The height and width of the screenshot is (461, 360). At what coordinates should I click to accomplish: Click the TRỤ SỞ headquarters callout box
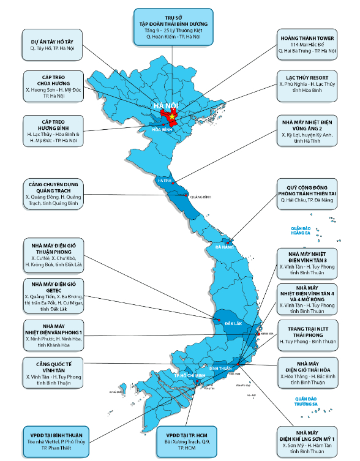(x=173, y=26)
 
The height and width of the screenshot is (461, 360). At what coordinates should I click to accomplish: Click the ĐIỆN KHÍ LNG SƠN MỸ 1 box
(x=307, y=439)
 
